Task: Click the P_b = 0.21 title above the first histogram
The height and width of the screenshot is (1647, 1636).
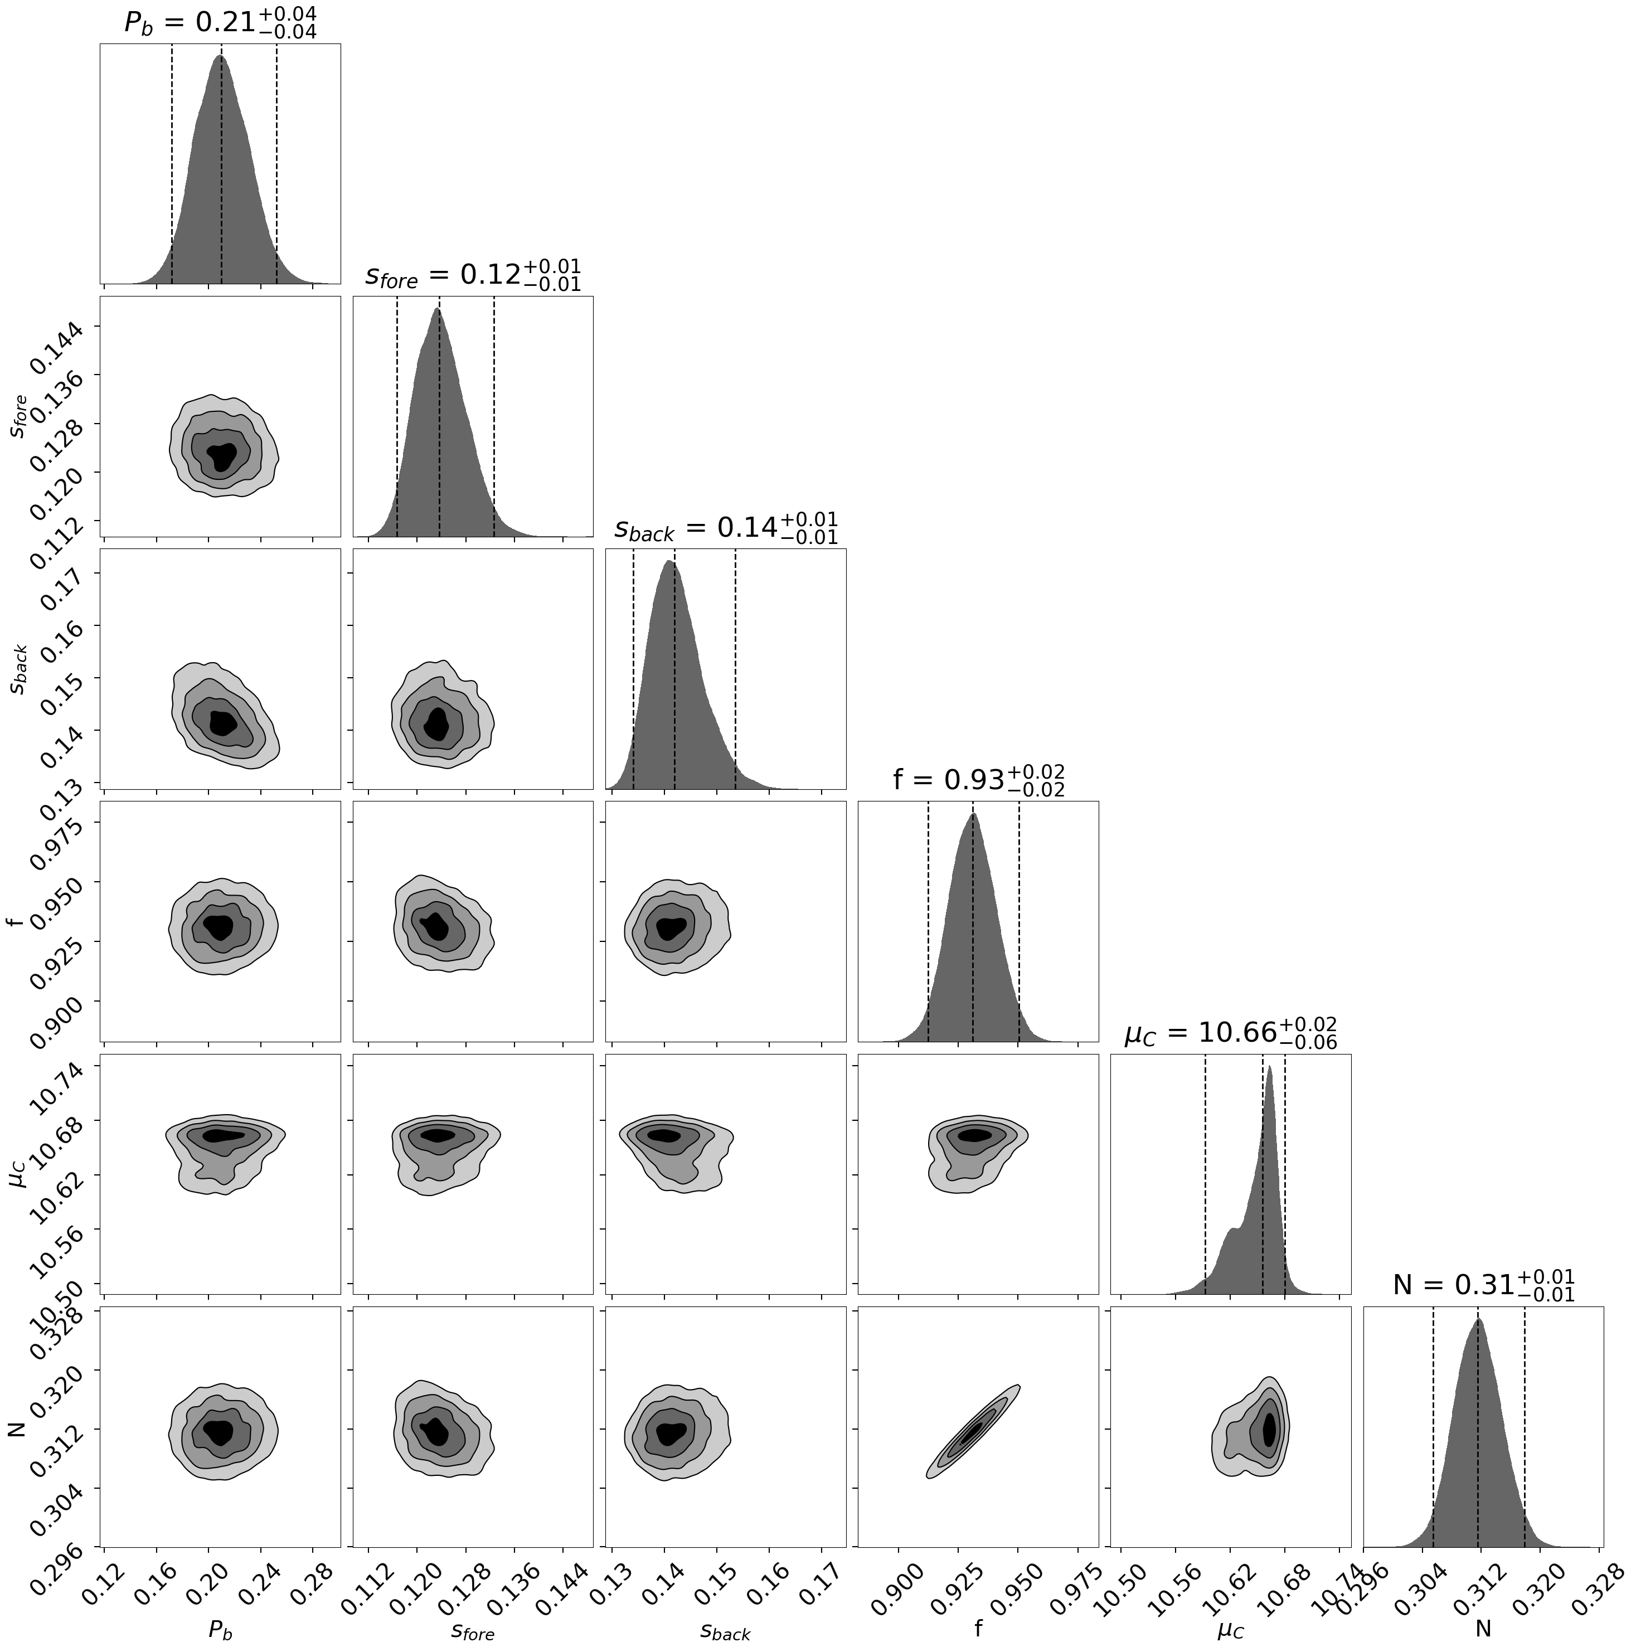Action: pos(220,22)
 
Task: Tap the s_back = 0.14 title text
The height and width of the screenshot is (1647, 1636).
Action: pos(726,528)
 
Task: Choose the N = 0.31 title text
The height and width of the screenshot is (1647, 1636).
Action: pos(1483,1285)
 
